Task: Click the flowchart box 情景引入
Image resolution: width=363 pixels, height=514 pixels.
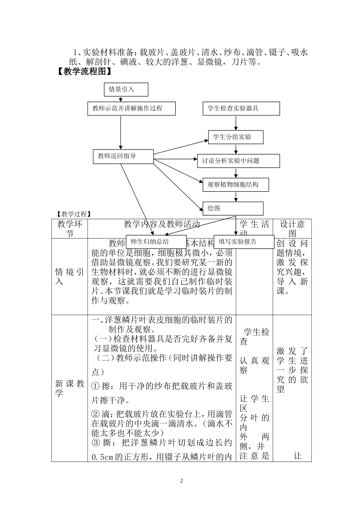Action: pyautogui.click(x=125, y=89)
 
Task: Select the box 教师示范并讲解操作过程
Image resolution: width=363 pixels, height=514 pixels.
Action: pyautogui.click(x=131, y=109)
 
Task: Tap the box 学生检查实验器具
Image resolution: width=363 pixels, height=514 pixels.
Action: pyautogui.click(x=241, y=109)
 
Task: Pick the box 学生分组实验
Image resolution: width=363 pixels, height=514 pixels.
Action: pyautogui.click(x=235, y=137)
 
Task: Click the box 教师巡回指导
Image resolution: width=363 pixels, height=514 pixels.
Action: pyautogui.click(x=123, y=156)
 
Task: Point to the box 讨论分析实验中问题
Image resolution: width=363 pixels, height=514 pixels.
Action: pyautogui.click(x=238, y=161)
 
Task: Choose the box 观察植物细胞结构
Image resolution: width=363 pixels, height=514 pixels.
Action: pyautogui.click(x=235, y=185)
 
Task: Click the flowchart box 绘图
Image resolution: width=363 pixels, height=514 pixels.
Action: pyautogui.click(x=233, y=208)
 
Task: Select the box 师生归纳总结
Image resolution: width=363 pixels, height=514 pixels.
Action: pyautogui.click(x=156, y=242)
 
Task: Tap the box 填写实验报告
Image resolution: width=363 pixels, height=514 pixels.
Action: pyautogui.click(x=243, y=242)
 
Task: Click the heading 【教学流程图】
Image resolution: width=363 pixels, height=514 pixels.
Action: pyautogui.click(x=85, y=72)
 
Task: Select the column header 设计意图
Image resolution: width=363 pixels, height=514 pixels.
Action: pyautogui.click(x=292, y=229)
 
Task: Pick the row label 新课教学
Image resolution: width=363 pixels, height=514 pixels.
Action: pyautogui.click(x=69, y=389)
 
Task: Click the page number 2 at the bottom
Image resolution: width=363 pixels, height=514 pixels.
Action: pyautogui.click(x=182, y=480)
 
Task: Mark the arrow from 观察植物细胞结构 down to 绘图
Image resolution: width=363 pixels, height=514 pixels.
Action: pyautogui.click(x=236, y=197)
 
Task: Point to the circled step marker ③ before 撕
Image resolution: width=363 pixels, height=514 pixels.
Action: pyautogui.click(x=96, y=443)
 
